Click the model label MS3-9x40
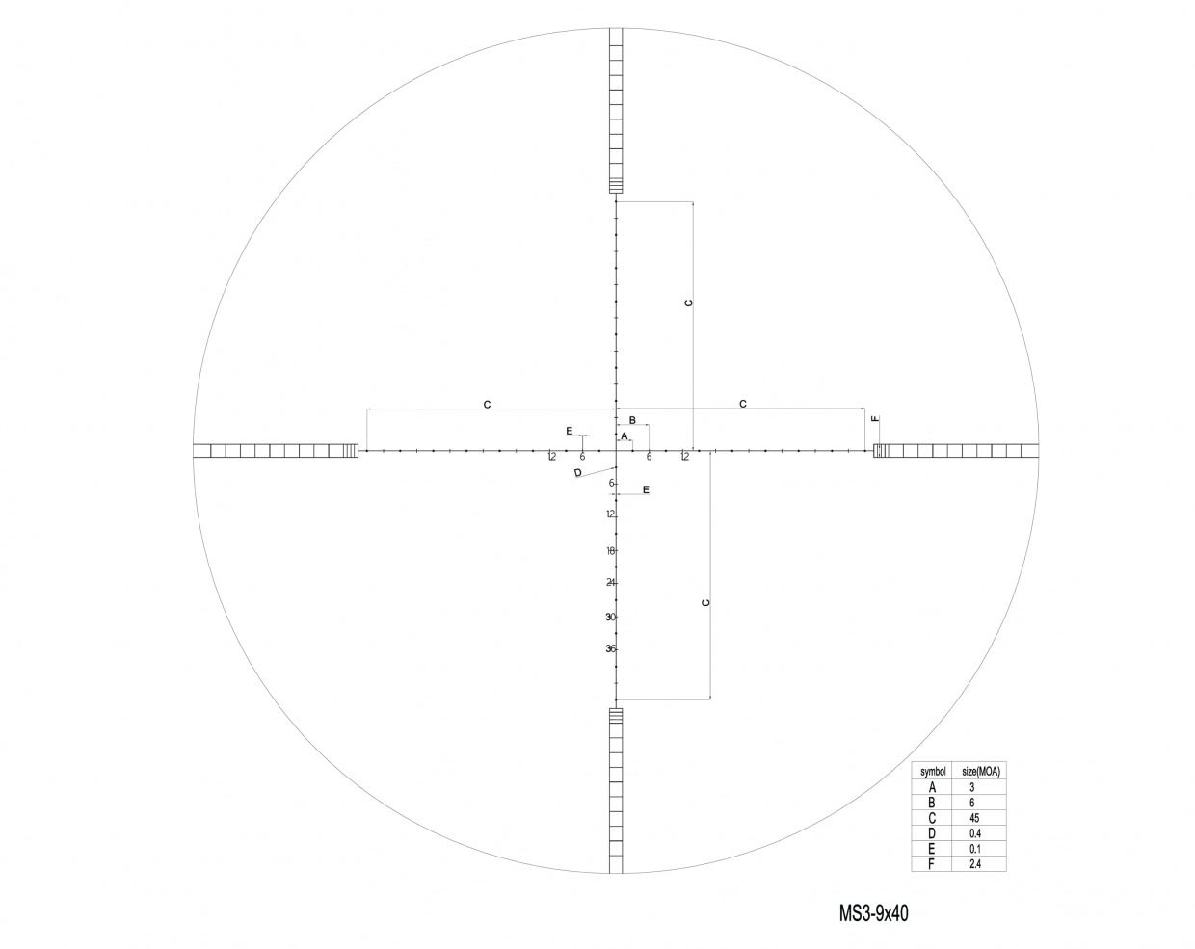873,913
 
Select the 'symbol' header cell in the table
933,772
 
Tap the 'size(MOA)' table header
981,772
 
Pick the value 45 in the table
974,818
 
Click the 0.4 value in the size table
975,833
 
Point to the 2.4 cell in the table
975,864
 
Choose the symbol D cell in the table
932,833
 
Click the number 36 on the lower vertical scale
610,648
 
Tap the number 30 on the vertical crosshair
611,617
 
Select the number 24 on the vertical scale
611,583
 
